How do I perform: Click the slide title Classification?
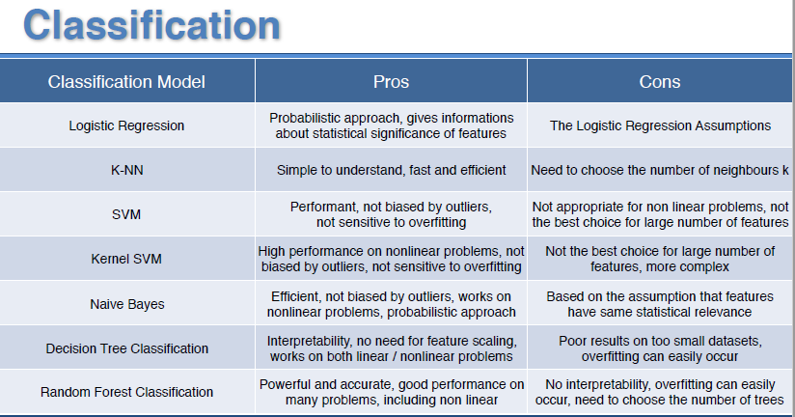pos(151,25)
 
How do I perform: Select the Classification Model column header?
pos(126,82)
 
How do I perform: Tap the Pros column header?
pos(391,82)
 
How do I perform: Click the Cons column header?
pos(660,82)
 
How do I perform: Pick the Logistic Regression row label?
pos(126,125)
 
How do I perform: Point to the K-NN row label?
pos(126,170)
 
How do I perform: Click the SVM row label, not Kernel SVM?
pos(126,214)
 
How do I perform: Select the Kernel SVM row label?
pos(126,259)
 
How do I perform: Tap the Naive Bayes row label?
pos(127,304)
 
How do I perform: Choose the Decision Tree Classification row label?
pos(126,348)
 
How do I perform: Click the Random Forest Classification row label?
pos(126,392)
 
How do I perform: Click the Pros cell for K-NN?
pos(392,170)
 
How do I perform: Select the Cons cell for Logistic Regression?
pos(660,125)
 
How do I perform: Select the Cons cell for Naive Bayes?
pos(660,304)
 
